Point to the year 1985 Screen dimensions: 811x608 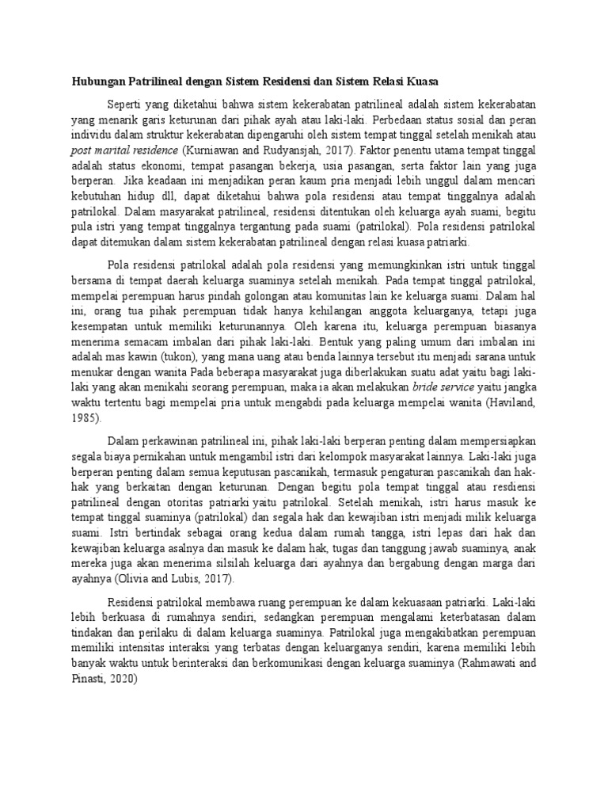point(85,419)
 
